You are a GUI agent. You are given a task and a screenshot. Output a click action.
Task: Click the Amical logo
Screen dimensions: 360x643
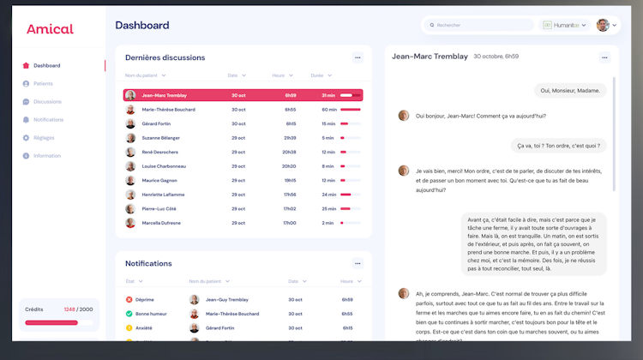(49, 29)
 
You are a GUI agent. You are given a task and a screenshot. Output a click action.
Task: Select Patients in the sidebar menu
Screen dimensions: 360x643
(43, 84)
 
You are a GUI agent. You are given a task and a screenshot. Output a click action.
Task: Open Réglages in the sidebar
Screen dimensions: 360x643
(44, 138)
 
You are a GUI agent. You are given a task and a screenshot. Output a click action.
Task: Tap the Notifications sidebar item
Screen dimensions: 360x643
(48, 120)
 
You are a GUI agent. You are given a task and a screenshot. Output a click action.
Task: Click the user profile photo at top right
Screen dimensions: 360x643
(603, 26)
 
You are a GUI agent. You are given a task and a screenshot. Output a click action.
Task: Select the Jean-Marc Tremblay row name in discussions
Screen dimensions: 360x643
(164, 95)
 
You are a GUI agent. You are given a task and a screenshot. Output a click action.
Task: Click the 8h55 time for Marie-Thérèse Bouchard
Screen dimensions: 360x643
(291, 110)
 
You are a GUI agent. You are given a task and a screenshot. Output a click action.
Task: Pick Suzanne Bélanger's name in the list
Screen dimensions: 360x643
(161, 138)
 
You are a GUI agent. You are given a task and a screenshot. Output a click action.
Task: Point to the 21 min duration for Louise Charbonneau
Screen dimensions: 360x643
(328, 166)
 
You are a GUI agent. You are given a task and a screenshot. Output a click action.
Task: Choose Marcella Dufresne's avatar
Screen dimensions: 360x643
(130, 223)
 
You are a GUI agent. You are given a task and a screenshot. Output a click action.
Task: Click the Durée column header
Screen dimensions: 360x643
(316, 75)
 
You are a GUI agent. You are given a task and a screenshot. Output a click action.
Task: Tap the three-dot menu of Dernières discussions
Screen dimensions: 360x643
(358, 57)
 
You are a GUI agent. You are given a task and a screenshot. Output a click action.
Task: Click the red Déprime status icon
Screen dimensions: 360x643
(129, 300)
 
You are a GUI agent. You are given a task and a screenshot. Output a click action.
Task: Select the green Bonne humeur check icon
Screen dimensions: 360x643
(129, 314)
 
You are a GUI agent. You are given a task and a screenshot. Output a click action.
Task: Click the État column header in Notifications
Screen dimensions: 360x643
(130, 281)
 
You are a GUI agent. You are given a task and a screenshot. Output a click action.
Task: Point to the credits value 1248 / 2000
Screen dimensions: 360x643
(78, 309)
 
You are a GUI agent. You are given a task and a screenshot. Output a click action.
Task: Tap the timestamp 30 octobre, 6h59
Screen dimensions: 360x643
(496, 57)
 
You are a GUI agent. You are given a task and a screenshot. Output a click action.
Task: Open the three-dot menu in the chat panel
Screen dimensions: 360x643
(604, 57)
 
